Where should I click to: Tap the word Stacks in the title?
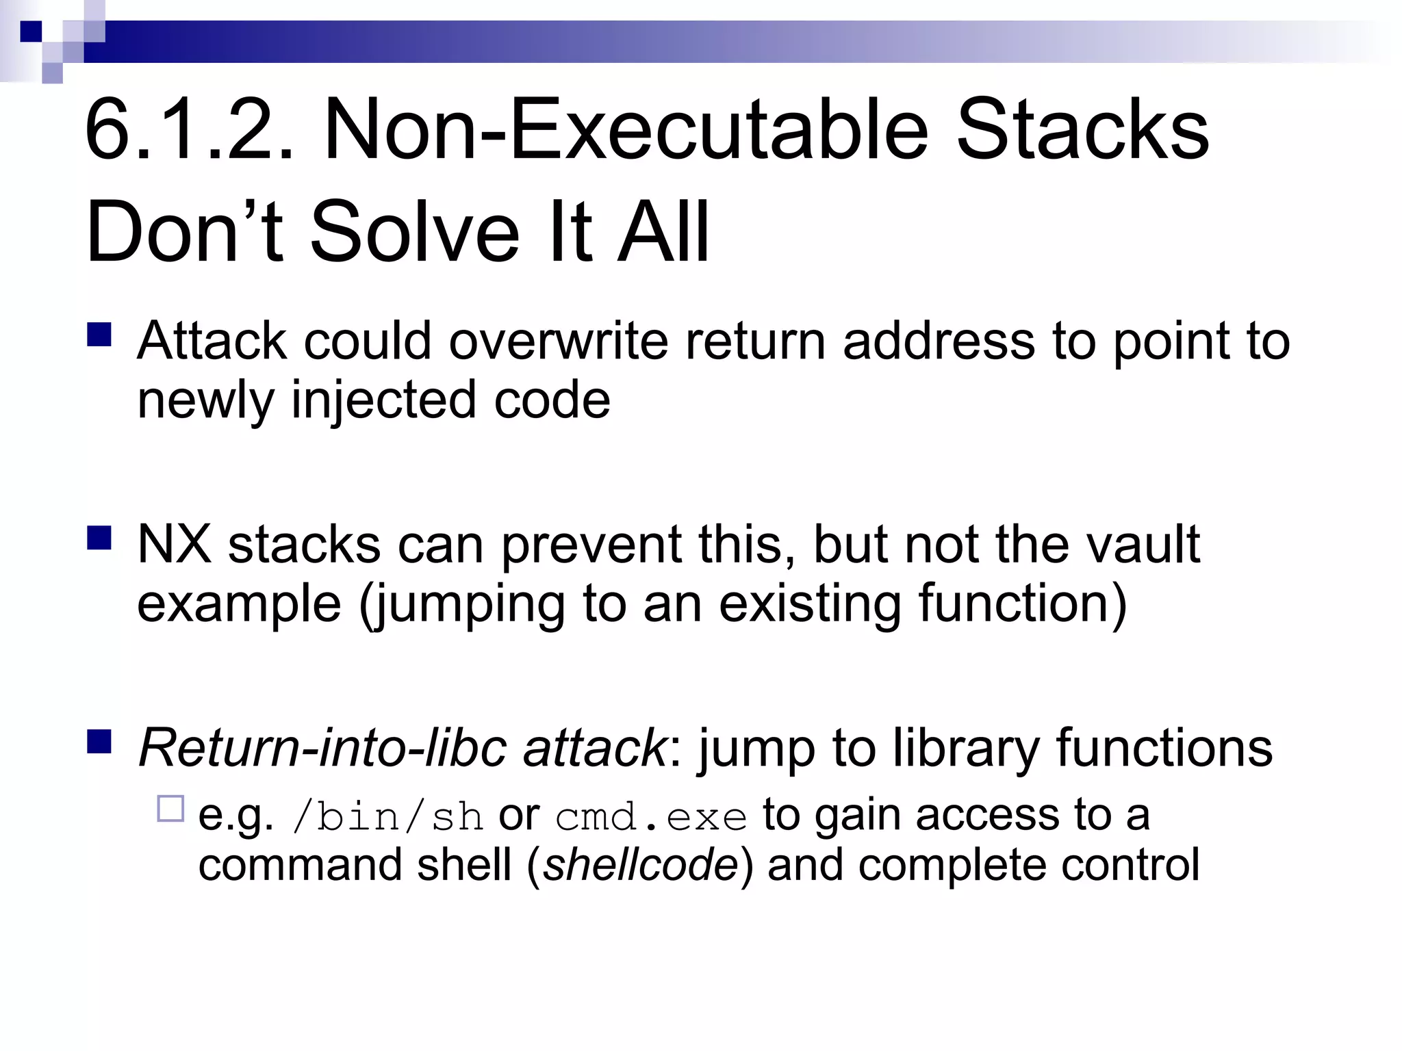pyautogui.click(x=1082, y=130)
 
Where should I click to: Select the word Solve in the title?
pyautogui.click(x=415, y=233)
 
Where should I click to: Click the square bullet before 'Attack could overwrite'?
pyautogui.click(x=99, y=335)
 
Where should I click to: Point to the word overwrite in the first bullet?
pyautogui.click(x=558, y=341)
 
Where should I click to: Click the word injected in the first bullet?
pyautogui.click(x=383, y=400)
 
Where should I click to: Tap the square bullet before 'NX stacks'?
pyautogui.click(x=99, y=538)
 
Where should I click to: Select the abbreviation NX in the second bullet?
pyautogui.click(x=174, y=545)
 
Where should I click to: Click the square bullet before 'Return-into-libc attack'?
pyautogui.click(x=99, y=741)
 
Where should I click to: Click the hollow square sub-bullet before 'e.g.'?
pyautogui.click(x=170, y=809)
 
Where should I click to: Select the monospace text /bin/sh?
pyautogui.click(x=387, y=817)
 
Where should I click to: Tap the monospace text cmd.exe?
pyautogui.click(x=650, y=817)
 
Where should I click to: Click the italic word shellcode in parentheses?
pyautogui.click(x=641, y=865)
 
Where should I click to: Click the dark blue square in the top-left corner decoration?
pyautogui.click(x=31, y=31)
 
